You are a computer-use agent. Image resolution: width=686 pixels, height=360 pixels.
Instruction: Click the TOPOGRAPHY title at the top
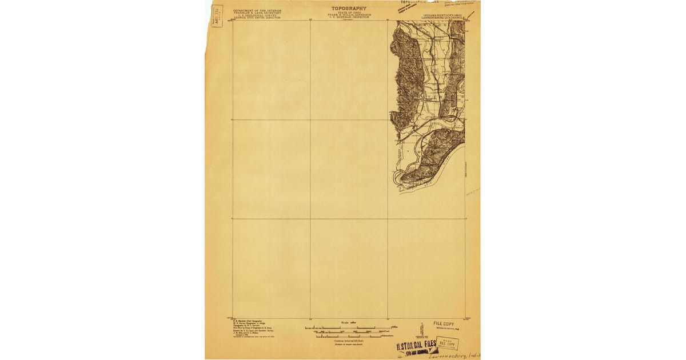[x=349, y=9]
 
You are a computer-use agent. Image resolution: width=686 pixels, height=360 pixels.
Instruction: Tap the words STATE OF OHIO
[x=349, y=13]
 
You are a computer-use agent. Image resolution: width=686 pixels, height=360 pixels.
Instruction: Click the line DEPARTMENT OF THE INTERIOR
[x=257, y=10]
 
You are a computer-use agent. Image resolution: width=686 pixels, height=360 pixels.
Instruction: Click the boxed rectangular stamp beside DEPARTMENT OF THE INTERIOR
[x=217, y=15]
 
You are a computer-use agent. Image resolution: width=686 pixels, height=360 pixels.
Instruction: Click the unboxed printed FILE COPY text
[x=443, y=323]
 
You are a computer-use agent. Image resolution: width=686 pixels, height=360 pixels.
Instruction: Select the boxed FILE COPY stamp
[x=446, y=343]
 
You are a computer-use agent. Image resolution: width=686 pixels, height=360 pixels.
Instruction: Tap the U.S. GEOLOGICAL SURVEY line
[x=257, y=15]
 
